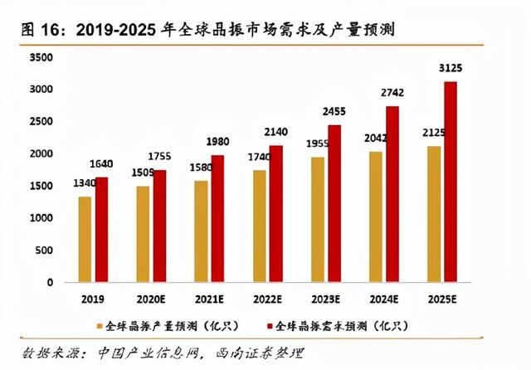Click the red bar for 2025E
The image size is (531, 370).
coord(451,182)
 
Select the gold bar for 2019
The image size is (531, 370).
coord(85,239)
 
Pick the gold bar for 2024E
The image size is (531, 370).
coord(376,217)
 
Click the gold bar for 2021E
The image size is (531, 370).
coord(201,231)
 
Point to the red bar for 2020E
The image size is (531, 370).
coord(159,226)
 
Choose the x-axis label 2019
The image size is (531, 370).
coord(93,297)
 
